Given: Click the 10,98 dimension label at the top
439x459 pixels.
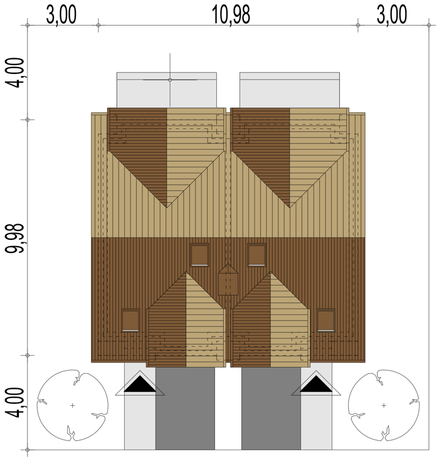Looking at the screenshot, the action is point(231,14).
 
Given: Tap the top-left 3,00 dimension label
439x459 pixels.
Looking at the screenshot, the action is point(61,14).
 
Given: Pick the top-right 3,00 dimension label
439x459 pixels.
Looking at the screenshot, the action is point(392,14).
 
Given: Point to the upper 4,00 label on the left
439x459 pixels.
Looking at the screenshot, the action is point(14,73).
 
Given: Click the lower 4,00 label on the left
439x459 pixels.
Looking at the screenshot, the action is point(14,403).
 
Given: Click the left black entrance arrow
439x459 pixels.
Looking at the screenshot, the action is point(140,384).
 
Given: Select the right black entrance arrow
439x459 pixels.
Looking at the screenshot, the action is point(316,384).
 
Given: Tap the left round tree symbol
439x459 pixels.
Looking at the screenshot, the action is point(72,405).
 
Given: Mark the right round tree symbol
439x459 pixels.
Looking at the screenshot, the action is point(384,405).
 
